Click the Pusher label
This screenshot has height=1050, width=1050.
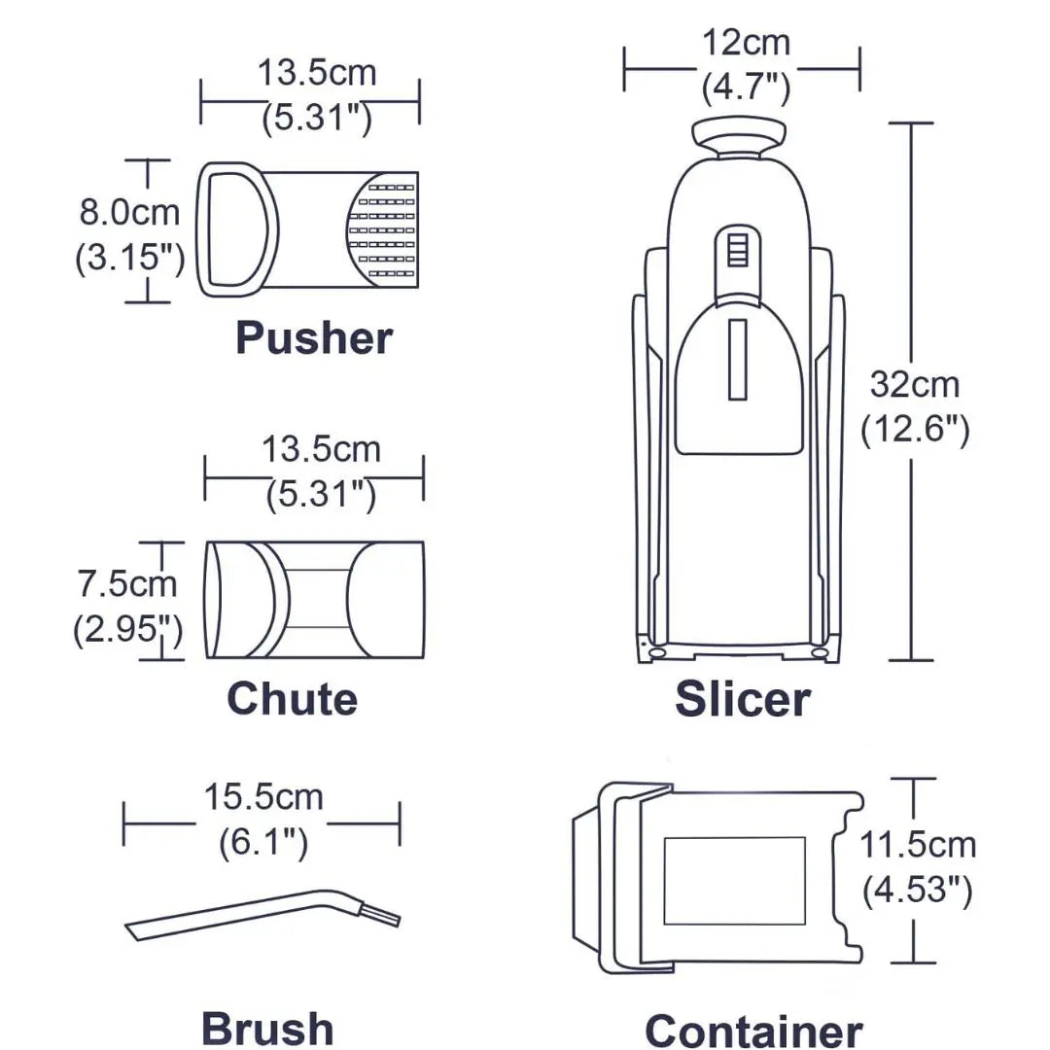point(313,338)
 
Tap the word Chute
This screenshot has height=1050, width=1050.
point(292,699)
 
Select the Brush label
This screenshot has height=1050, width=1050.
point(267,1030)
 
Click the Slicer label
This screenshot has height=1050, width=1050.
point(743,699)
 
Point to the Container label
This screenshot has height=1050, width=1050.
point(753,1032)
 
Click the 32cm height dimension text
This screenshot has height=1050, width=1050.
point(915,385)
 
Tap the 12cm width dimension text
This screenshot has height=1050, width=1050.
point(746,43)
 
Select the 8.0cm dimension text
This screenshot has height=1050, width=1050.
point(129,212)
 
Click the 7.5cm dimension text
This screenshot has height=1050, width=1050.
point(127,583)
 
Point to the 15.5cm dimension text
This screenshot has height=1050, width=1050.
point(263,797)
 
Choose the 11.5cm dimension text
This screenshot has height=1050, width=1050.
point(918,845)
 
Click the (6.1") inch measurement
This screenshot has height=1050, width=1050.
point(263,842)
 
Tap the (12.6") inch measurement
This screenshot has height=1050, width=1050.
point(915,430)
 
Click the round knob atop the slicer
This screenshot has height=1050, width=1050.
point(739,136)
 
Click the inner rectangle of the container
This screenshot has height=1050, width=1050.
point(735,881)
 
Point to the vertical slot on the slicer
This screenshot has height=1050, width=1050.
point(737,360)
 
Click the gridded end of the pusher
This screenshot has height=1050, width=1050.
point(383,229)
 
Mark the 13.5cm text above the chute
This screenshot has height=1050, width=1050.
point(321,449)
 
